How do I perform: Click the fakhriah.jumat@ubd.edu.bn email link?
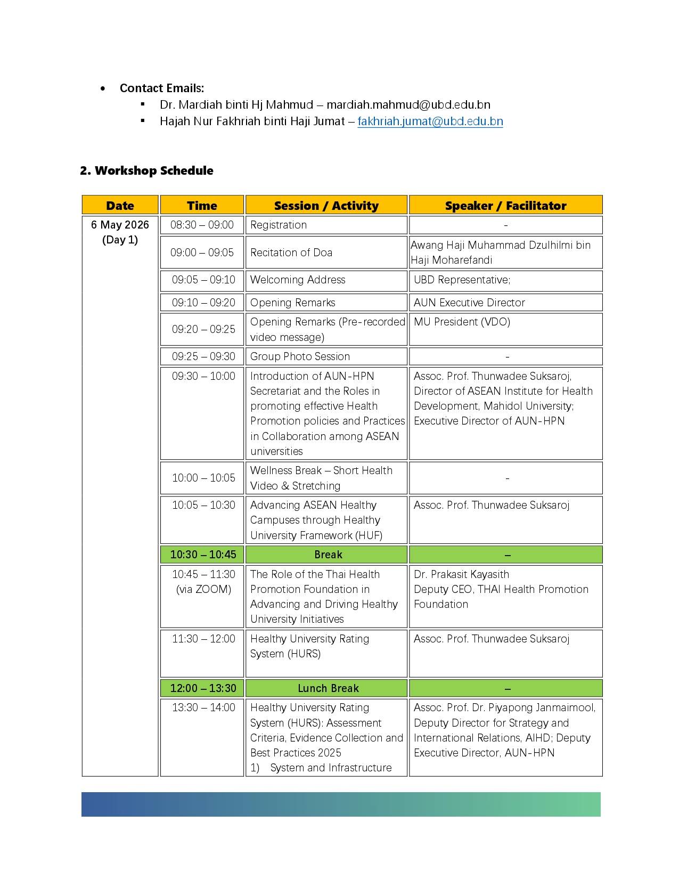pos(430,121)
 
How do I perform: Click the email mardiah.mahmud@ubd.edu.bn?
pos(408,105)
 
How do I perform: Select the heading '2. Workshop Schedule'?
pos(146,171)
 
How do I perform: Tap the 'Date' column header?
pos(120,206)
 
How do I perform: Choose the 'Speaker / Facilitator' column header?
pos(505,206)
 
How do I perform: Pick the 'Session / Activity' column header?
pos(326,206)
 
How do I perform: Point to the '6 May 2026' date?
pos(120,225)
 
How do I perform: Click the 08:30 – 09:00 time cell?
pos(202,225)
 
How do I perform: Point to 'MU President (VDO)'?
pos(462,322)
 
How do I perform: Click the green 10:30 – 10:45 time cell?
pos(203,555)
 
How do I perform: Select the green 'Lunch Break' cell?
pos(328,688)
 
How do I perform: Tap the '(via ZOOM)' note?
pos(203,589)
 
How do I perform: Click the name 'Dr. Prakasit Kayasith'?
pos(461,574)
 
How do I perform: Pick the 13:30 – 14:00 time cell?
pos(203,707)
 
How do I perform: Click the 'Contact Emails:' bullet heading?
pos(162,88)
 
